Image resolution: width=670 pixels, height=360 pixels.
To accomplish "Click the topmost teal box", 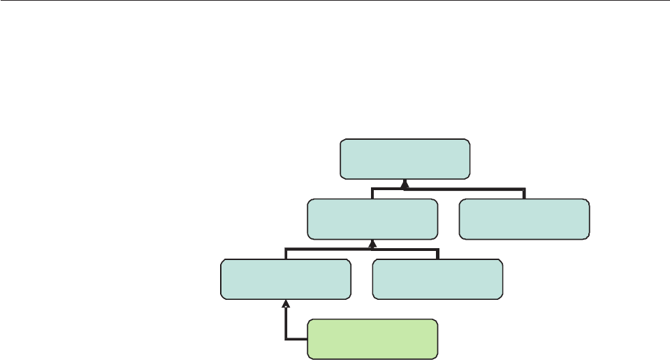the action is click(405, 159).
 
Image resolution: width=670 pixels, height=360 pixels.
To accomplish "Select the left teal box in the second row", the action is click(372, 219).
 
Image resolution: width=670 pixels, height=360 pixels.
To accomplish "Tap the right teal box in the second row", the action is click(524, 219).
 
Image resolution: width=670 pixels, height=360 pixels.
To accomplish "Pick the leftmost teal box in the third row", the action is click(286, 279).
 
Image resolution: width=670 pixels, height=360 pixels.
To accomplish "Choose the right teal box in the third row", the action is click(437, 279).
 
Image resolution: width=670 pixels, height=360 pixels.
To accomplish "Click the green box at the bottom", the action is click(373, 339).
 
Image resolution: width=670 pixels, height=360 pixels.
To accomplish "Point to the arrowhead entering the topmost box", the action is click(405, 184).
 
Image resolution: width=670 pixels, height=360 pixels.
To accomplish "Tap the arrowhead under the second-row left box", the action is click(372, 244).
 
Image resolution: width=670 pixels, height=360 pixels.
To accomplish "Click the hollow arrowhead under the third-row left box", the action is click(286, 304).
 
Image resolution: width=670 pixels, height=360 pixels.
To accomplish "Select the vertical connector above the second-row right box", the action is click(524, 194).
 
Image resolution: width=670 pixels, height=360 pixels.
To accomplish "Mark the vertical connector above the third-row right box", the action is click(437, 254).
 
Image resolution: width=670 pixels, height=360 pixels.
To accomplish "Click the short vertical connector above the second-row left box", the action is click(372, 194).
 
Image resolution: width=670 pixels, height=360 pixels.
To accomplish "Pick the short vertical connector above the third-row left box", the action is click(286, 254).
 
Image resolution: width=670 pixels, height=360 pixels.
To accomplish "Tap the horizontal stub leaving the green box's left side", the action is click(297, 339).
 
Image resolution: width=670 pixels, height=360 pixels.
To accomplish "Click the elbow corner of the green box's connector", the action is click(286, 339).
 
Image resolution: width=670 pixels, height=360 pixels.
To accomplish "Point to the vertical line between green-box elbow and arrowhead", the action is click(286, 323).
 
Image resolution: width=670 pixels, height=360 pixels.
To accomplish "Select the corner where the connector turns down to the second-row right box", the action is click(524, 189).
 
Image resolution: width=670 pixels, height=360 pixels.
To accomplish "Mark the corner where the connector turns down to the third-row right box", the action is click(437, 249).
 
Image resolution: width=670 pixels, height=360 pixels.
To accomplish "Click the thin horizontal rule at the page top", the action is click(335, 1).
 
